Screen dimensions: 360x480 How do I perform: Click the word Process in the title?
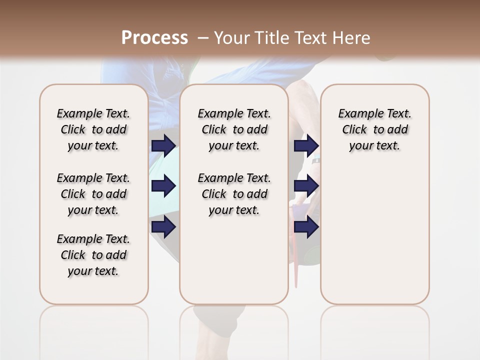pos(154,37)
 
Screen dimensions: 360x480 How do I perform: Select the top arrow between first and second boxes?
pos(163,145)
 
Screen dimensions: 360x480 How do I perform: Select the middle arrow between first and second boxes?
pos(163,186)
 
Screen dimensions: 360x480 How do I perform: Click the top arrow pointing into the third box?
pos(306,145)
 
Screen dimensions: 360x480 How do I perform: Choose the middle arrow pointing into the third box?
pos(306,186)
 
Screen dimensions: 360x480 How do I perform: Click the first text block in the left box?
pos(93,129)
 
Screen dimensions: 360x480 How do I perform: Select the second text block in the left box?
pos(93,194)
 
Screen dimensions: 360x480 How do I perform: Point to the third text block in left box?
pos(93,255)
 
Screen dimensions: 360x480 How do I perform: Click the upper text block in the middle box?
pos(234,129)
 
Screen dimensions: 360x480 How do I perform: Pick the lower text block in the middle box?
pos(234,194)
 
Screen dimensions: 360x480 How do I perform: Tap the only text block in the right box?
pos(374,129)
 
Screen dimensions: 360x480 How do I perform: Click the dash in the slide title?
pos(203,38)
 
